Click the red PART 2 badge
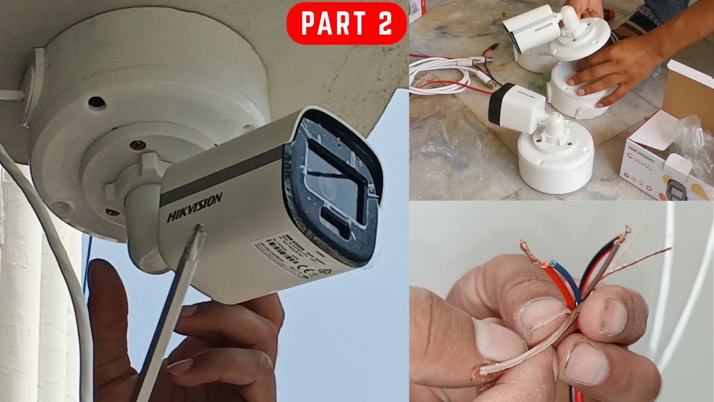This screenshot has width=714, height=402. click(346, 23)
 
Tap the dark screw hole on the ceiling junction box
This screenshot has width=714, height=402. click(97, 102)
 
